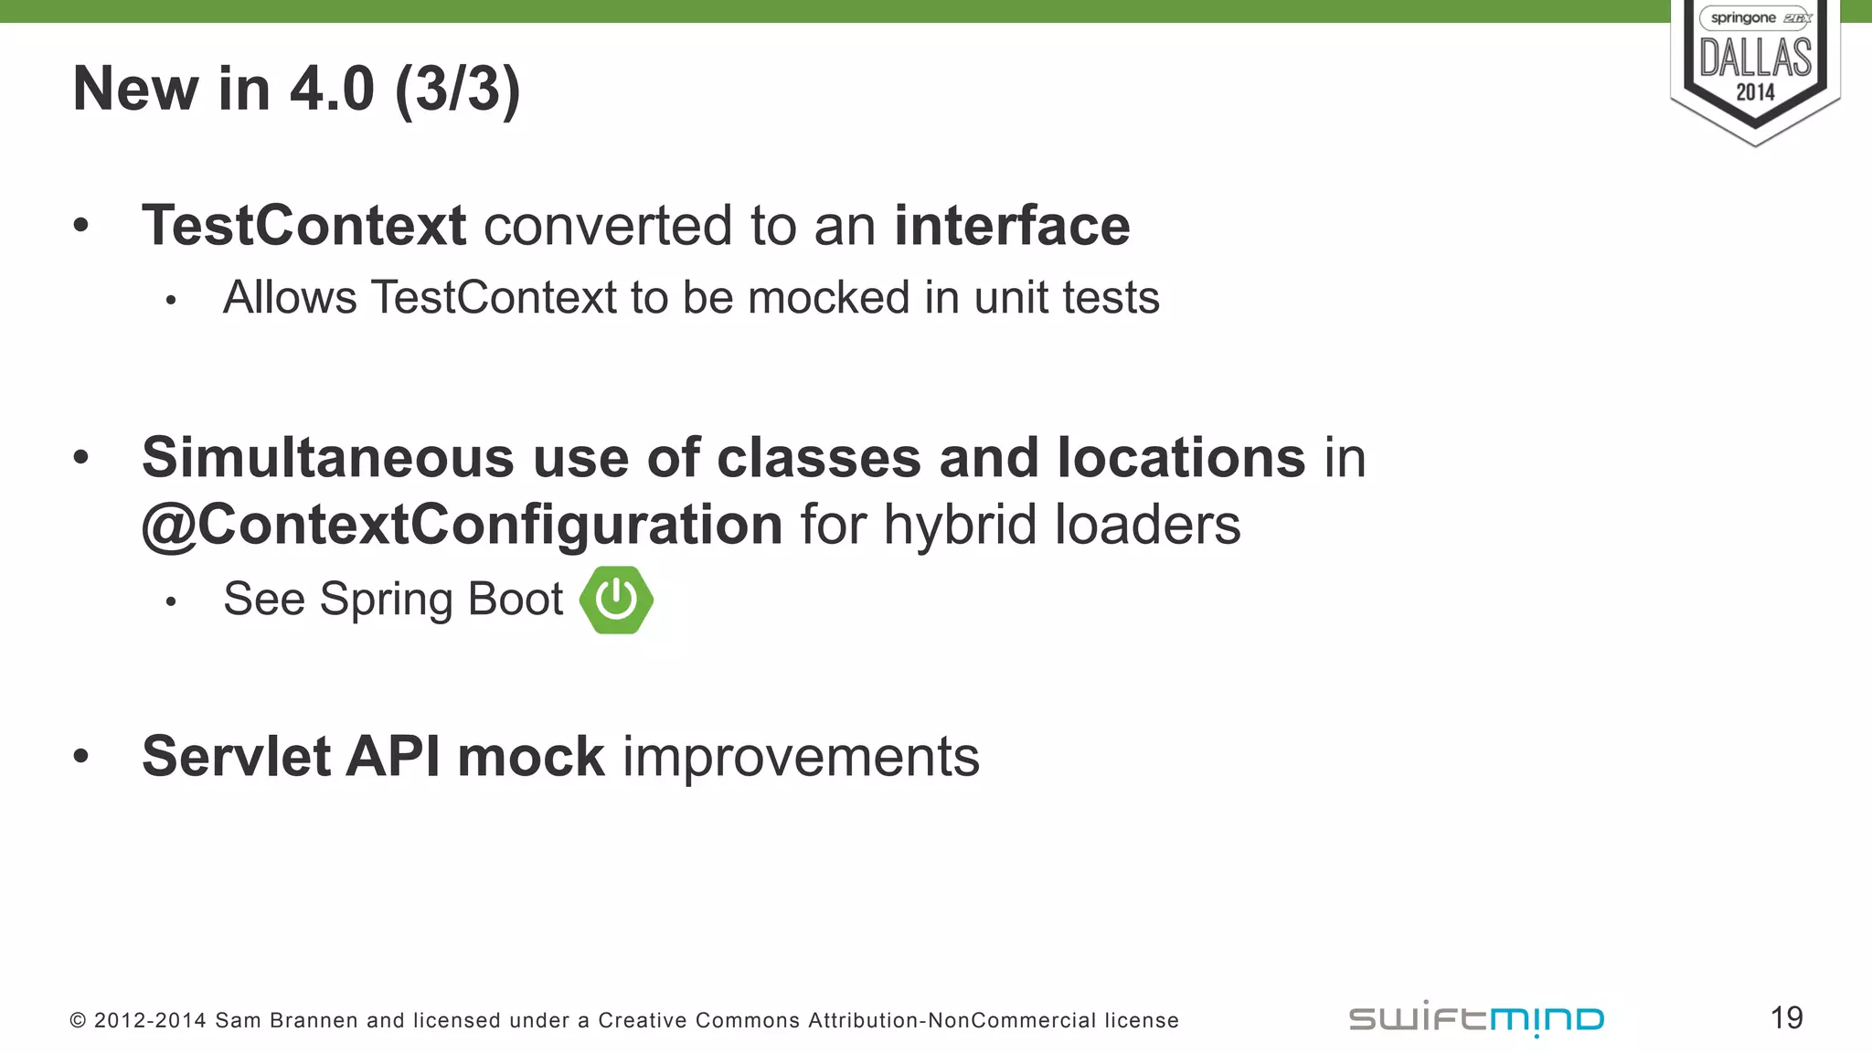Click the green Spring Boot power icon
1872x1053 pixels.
coord(616,600)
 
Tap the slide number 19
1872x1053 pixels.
coord(1786,1017)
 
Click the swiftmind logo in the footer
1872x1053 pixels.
coord(1476,1018)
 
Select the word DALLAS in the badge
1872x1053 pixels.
coord(1755,58)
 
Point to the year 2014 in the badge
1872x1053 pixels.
coord(1755,92)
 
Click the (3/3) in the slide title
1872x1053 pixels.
coord(457,90)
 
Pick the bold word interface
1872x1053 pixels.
coord(1012,226)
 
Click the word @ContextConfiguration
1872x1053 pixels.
coord(462,525)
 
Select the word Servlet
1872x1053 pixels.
coord(235,757)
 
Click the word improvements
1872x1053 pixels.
coord(801,757)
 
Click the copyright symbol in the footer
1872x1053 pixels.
coord(78,1021)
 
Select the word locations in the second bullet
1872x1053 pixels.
coord(1181,457)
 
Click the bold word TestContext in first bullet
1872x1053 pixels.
coord(303,226)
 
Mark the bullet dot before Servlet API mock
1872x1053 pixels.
coord(81,756)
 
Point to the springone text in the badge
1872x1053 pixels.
coord(1742,18)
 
